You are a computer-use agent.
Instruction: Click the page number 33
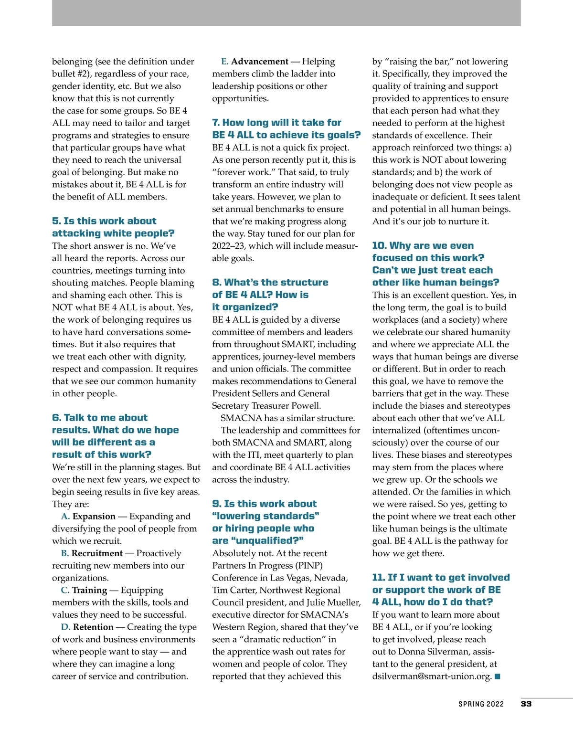tap(526, 704)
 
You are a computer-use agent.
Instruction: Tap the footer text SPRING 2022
tap(481, 704)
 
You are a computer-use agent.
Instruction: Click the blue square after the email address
tap(498, 676)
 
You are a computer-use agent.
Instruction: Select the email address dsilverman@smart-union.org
tap(432, 676)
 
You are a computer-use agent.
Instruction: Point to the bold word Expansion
tap(94, 517)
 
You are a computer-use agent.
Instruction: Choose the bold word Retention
tap(93, 627)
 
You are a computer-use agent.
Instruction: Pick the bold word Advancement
tap(260, 62)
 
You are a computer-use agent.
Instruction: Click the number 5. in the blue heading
tap(56, 221)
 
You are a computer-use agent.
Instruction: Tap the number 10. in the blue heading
tap(379, 246)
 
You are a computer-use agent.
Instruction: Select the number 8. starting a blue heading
tap(216, 283)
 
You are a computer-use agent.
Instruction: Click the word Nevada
tap(331, 578)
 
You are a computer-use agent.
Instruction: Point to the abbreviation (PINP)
tap(309, 566)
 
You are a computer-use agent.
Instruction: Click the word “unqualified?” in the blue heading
tap(267, 541)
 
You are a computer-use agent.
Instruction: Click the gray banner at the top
tap(286, 13)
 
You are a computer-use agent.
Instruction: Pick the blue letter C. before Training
tap(65, 591)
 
